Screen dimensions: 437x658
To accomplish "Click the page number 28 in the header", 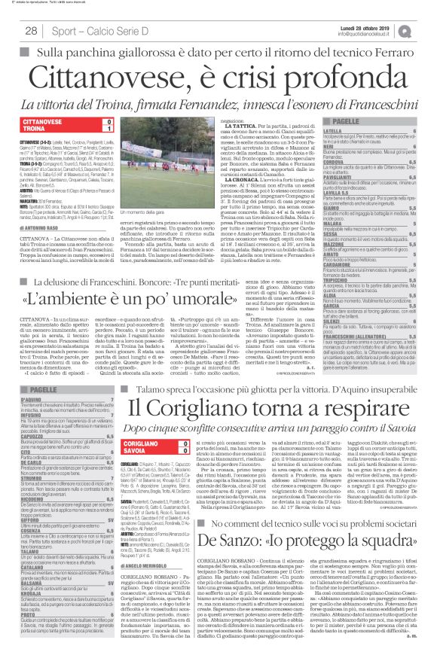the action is click(x=32, y=30).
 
